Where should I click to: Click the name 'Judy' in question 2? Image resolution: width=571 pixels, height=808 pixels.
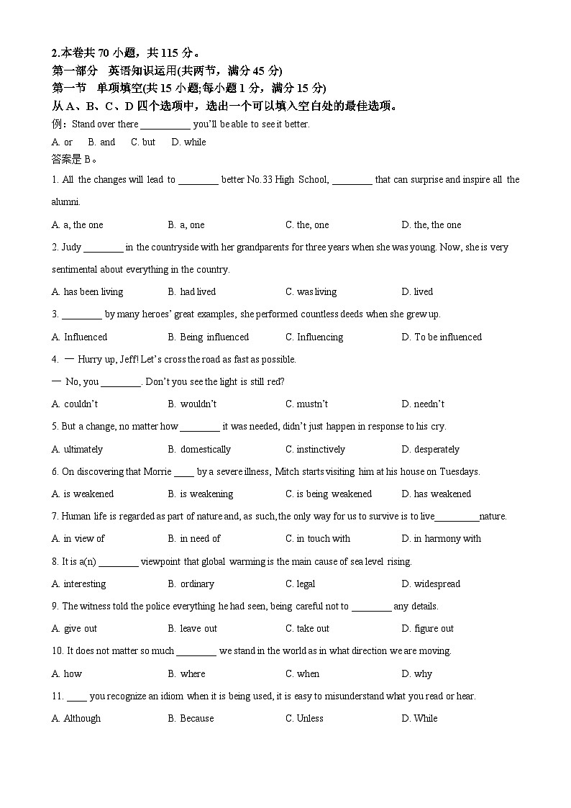tap(71, 247)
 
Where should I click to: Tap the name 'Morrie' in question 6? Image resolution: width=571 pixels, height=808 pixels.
tap(157, 471)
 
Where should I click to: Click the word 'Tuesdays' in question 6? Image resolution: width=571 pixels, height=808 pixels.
tap(460, 471)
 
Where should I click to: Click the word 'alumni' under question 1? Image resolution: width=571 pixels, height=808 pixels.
tap(65, 201)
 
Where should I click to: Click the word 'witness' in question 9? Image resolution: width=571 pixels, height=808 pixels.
tap(96, 606)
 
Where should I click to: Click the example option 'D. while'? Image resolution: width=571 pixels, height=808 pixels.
tap(188, 142)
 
